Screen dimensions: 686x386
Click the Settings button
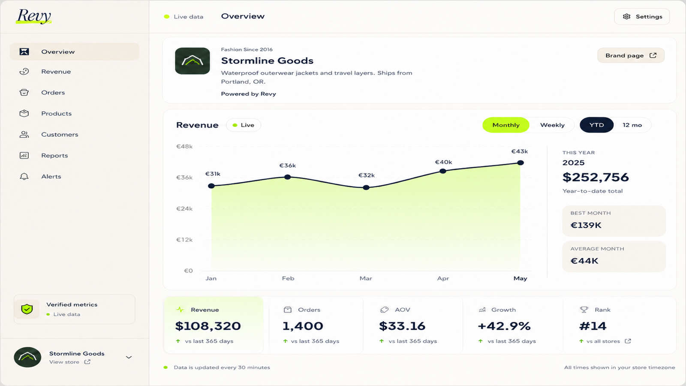[x=642, y=17]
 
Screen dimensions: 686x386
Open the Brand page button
[x=631, y=55]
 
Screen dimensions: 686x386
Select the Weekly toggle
[x=552, y=125]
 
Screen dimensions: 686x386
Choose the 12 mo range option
[x=632, y=125]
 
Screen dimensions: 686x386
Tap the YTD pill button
[x=596, y=125]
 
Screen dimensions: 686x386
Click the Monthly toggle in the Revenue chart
[x=506, y=125]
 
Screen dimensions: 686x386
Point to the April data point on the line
[x=443, y=171]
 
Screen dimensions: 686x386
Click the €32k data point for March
[x=366, y=187]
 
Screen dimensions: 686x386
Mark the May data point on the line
[x=521, y=163]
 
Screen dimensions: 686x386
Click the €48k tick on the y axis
[x=184, y=146]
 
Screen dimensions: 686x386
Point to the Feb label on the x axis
[x=288, y=278]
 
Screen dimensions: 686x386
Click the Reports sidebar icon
[x=24, y=155]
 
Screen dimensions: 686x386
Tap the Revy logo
[x=34, y=16]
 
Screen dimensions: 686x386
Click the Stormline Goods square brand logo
[x=193, y=60]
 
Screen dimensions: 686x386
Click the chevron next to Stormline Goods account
[x=129, y=357]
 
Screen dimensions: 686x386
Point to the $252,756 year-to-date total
[x=596, y=178]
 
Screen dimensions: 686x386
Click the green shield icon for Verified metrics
[x=27, y=309]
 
